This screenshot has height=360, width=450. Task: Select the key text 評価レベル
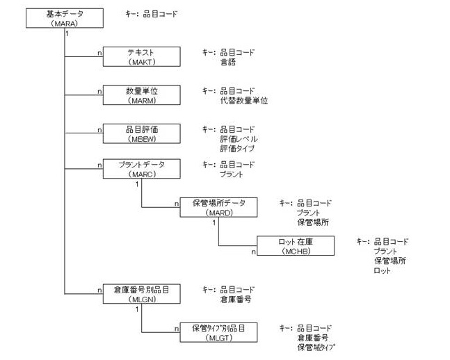pos(237,139)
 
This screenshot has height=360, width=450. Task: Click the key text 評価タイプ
pos(237,148)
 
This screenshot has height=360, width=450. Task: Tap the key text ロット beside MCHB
pos(382,270)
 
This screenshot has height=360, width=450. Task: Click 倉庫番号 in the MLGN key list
pos(235,299)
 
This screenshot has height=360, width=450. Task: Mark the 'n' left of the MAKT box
pos(99,52)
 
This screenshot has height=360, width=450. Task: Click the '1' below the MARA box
pos(67,33)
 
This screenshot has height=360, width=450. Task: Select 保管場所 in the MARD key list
pos(312,222)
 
